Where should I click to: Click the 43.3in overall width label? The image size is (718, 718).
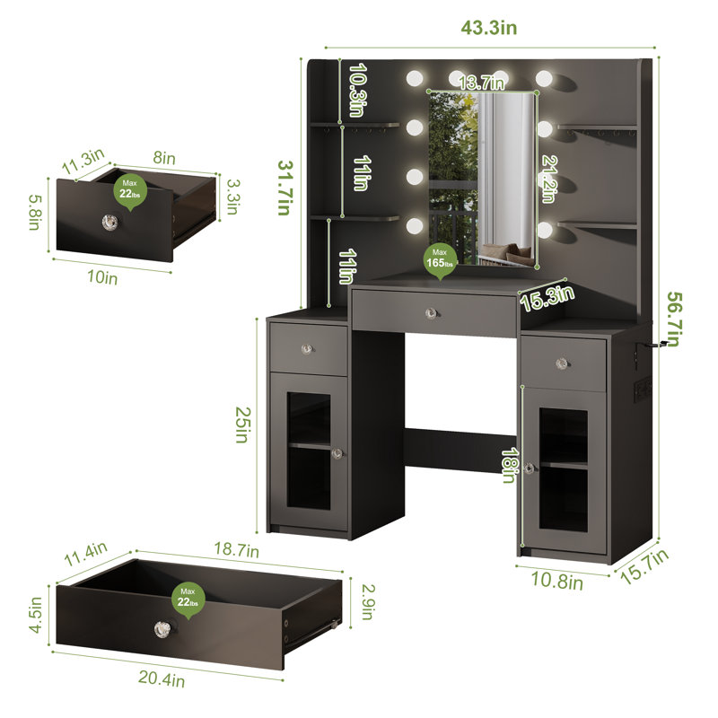(488, 28)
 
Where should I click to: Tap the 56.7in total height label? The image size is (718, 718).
(674, 319)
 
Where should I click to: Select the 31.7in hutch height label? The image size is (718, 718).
(285, 188)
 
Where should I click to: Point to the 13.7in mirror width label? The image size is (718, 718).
(481, 83)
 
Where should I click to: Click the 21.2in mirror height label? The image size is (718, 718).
(548, 179)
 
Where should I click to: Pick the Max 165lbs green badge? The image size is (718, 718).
(440, 261)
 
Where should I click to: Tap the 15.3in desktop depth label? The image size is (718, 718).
(547, 298)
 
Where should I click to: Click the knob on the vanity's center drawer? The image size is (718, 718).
(432, 313)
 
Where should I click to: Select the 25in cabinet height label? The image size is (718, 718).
(241, 425)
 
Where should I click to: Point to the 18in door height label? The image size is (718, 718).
(509, 465)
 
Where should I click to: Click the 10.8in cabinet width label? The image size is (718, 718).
(556, 580)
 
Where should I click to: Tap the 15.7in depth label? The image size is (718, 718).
(644, 566)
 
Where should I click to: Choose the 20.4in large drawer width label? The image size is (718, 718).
(162, 679)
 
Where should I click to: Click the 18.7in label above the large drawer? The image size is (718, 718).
(236, 549)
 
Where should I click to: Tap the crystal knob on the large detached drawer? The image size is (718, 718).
(162, 629)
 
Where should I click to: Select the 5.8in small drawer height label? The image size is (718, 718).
(35, 212)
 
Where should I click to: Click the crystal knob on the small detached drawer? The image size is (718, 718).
(109, 222)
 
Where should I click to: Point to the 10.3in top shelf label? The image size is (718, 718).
(358, 90)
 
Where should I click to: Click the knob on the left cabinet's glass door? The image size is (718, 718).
(337, 454)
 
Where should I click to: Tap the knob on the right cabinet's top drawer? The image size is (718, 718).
(562, 364)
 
